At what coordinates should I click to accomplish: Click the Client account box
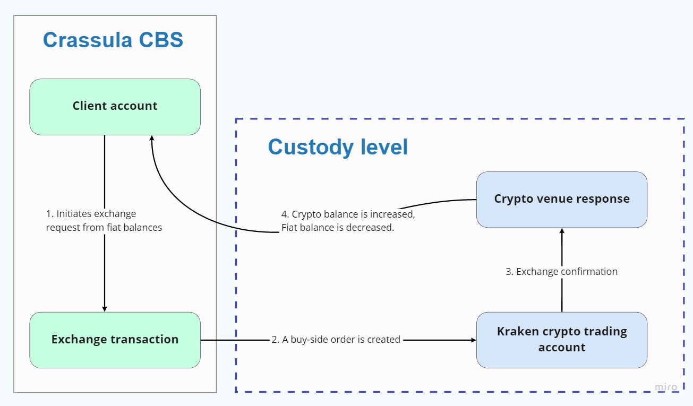click(115, 106)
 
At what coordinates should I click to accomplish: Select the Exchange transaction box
click(115, 340)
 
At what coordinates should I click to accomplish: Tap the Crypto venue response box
click(561, 199)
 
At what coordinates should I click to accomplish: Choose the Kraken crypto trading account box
click(561, 340)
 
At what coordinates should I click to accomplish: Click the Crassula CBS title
click(113, 40)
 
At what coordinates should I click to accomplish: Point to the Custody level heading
click(338, 147)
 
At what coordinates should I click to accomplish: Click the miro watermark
click(666, 387)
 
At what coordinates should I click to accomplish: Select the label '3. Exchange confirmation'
click(561, 272)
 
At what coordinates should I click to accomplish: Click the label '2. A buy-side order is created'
click(336, 340)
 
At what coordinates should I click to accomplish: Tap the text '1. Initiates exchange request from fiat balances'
click(104, 221)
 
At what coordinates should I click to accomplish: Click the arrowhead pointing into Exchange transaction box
click(105, 309)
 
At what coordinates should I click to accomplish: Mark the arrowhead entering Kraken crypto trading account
click(473, 340)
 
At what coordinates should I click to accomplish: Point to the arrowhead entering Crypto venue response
click(561, 231)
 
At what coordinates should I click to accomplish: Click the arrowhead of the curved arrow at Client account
click(152, 138)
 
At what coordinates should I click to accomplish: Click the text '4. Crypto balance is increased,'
click(348, 214)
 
